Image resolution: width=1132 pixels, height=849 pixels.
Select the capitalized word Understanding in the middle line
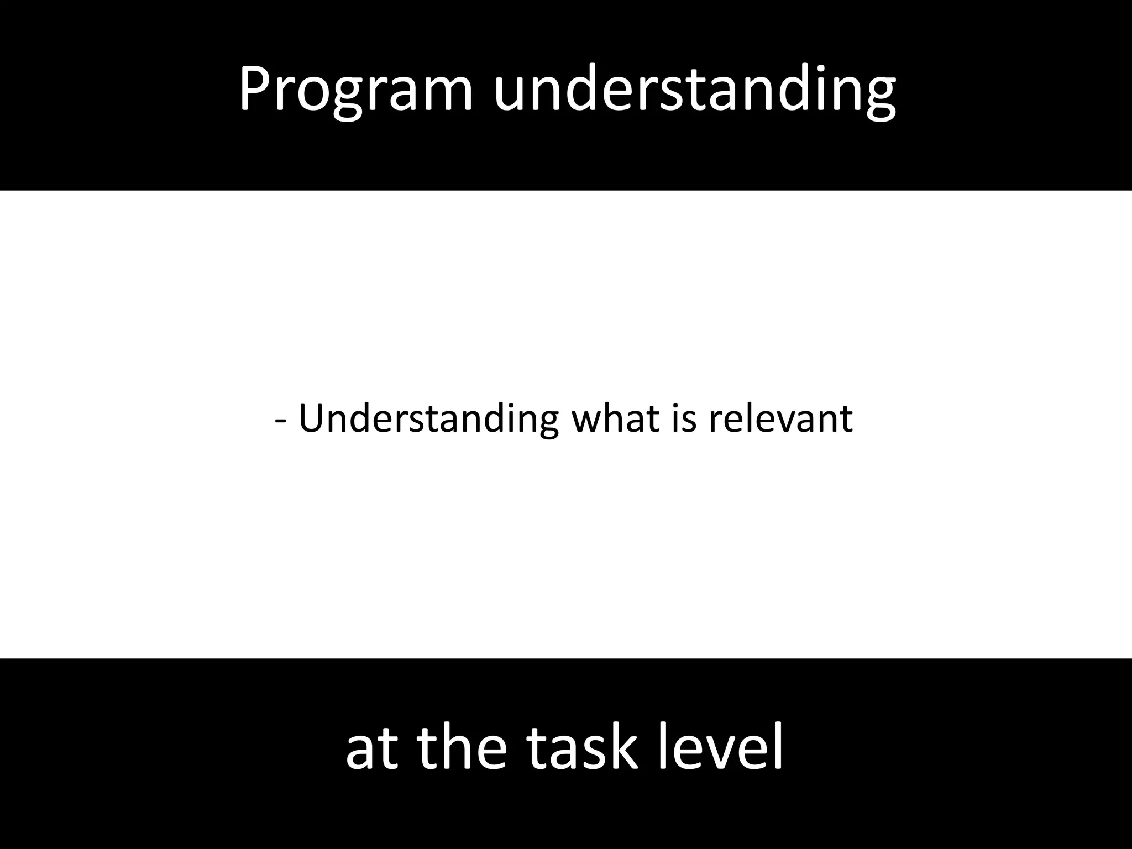pyautogui.click(x=428, y=419)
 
